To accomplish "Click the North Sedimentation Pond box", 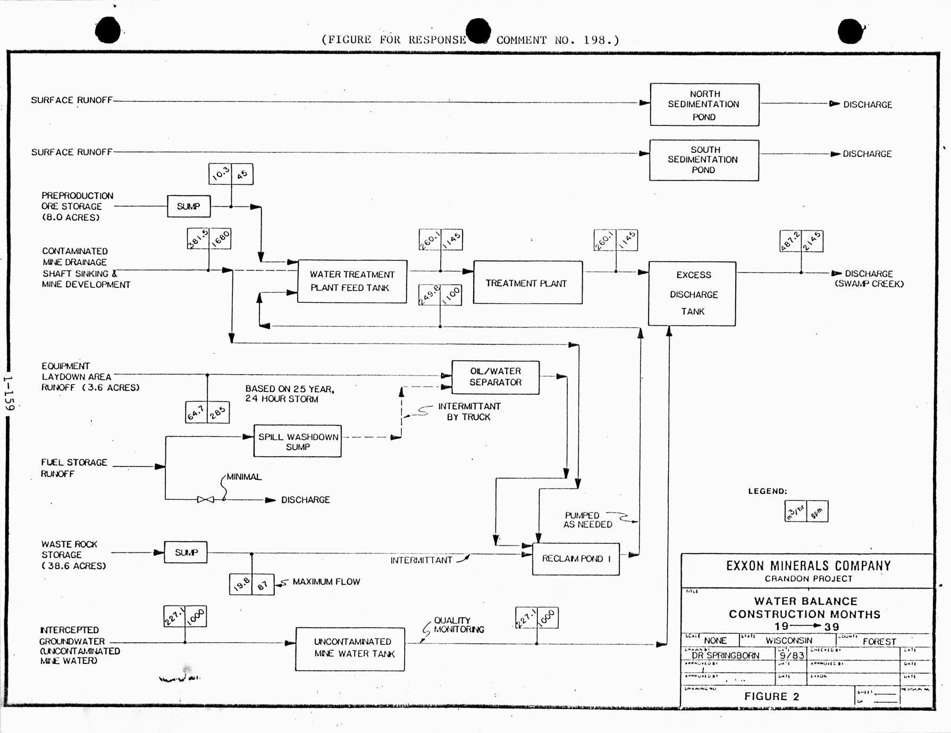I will (704, 105).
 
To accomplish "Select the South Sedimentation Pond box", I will (703, 160).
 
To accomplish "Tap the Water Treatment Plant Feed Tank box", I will (352, 282).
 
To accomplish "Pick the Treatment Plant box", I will (527, 283).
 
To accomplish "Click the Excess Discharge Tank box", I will (692, 293).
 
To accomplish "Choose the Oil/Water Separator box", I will (495, 377).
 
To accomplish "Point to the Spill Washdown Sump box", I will (297, 441).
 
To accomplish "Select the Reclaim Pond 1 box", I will (576, 559).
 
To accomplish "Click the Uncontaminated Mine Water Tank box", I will (350, 649).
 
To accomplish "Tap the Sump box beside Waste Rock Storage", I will (186, 552).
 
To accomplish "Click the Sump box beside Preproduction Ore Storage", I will (189, 206).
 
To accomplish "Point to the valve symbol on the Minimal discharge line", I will (205, 500).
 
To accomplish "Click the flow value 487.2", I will (790, 241).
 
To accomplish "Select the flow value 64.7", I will (196, 413).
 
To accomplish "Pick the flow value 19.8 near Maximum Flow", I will (241, 584).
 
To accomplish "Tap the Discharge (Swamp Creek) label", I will (869, 278).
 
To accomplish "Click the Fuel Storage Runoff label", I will (74, 468).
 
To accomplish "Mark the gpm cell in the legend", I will (817, 512).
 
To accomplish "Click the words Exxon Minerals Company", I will (808, 566).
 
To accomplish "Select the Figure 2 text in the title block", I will (771, 696).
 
